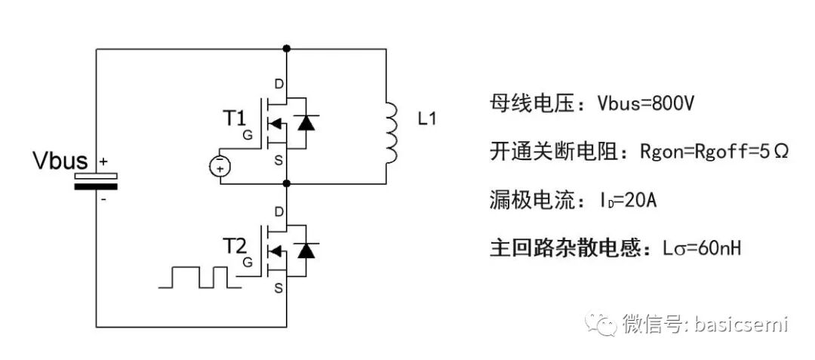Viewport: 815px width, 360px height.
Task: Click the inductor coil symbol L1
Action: pos(390,134)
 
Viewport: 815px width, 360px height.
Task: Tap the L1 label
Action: pos(427,118)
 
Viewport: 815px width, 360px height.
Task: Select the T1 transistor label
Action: pos(234,118)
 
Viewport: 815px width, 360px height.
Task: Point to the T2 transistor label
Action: pos(234,247)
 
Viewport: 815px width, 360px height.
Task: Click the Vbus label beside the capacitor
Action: pos(60,161)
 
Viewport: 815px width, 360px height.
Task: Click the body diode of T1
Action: pos(305,122)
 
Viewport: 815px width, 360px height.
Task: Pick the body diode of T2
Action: pos(305,250)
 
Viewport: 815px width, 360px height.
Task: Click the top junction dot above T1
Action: pos(286,49)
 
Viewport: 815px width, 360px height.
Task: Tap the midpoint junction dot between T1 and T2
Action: pos(286,183)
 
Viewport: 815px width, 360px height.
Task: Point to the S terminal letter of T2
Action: pos(279,288)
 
